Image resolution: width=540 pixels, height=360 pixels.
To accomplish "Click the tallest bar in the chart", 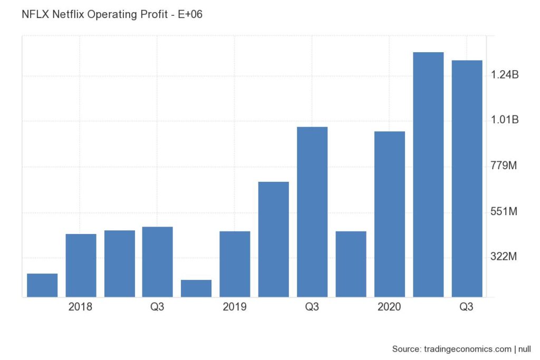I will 428,174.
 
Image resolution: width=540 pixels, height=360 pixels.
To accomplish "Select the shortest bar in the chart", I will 196,288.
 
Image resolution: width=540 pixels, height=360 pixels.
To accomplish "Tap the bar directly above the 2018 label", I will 81,265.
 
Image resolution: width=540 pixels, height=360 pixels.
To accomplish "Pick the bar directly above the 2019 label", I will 235,264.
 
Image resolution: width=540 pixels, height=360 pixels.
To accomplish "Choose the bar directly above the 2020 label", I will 389,213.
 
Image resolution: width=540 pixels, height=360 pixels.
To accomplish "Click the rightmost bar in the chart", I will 467,178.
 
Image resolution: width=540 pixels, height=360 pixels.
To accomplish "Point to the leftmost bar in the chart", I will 42,285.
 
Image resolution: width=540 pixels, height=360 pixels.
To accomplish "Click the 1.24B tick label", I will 505,75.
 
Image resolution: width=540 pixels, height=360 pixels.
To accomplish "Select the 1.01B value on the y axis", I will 505,120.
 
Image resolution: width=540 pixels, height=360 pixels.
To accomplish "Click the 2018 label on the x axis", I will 81,307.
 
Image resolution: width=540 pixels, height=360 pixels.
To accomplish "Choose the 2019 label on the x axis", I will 235,307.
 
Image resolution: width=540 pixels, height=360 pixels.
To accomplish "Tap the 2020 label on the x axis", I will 389,307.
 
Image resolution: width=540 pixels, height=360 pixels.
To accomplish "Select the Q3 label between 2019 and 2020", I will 312,307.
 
